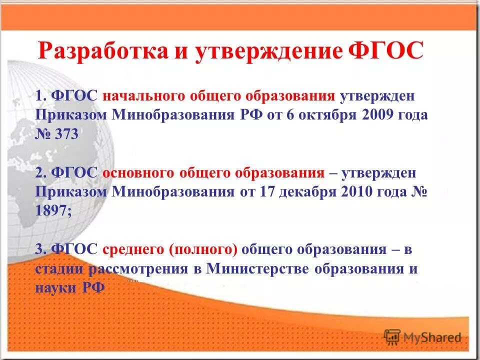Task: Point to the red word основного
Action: point(138,173)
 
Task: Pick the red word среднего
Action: point(133,249)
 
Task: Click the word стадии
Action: point(60,269)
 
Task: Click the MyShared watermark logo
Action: point(423,337)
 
